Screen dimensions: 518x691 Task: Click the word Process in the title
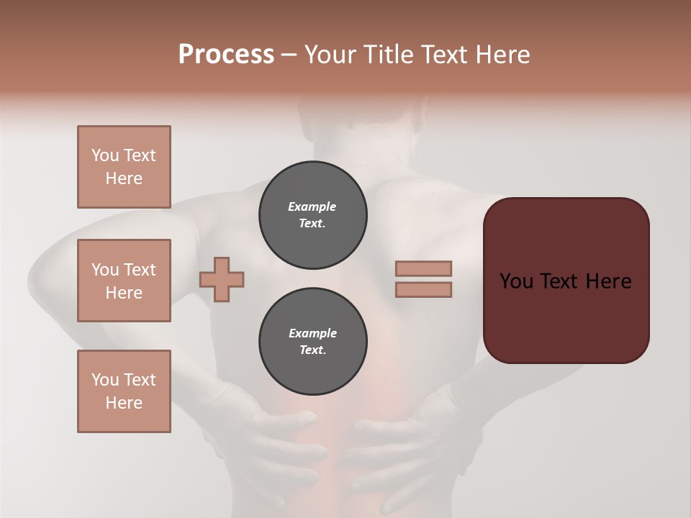point(226,55)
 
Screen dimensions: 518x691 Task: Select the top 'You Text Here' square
point(124,167)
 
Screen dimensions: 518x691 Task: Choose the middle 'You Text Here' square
point(124,281)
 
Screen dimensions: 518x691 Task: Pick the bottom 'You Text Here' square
point(124,391)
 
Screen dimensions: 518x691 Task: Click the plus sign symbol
point(222,279)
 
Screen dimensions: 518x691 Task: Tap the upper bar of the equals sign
point(423,268)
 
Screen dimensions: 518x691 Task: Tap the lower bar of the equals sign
point(423,290)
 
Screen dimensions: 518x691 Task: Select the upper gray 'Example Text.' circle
point(312,215)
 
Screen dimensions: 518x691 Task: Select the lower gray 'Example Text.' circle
point(312,342)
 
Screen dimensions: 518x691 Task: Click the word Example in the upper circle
point(312,206)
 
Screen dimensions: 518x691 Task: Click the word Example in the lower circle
point(312,333)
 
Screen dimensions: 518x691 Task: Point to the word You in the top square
point(104,155)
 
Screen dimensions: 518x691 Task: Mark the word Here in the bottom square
point(124,403)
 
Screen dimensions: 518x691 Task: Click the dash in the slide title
point(289,55)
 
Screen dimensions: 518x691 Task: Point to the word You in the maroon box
point(515,281)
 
